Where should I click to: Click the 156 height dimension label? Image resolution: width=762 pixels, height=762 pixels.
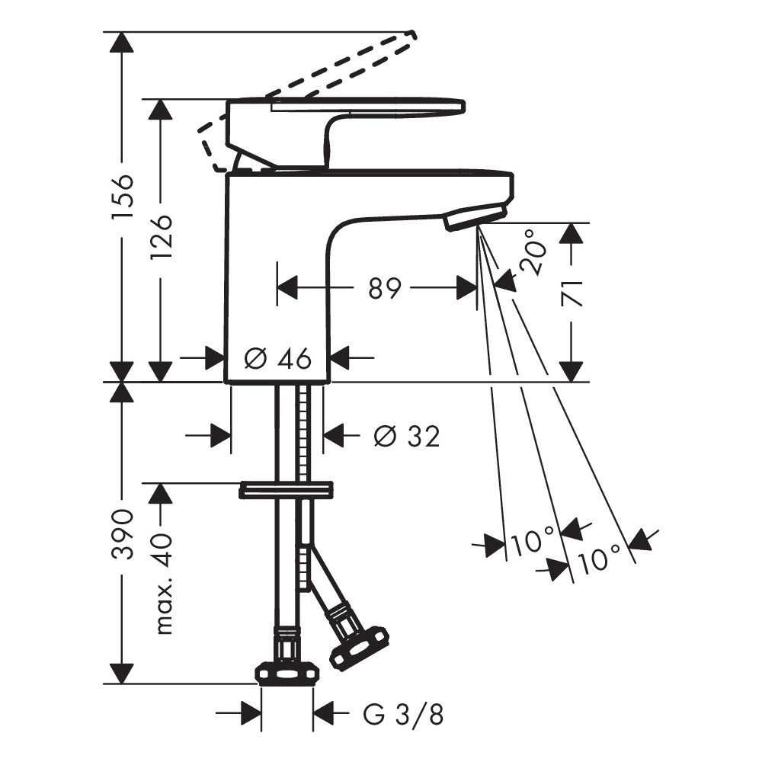point(121,196)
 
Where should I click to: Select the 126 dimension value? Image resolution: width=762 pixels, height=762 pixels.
point(161,236)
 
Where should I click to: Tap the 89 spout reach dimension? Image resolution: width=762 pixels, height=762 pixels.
point(384,288)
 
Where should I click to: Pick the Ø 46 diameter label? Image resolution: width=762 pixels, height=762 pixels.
point(277,359)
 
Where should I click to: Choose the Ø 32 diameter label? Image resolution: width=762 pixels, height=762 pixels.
point(407,436)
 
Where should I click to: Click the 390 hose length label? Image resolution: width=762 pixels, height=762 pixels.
point(122,534)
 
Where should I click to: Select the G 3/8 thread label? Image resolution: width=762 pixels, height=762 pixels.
point(403,715)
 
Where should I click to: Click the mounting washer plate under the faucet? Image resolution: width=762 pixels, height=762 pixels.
point(287,490)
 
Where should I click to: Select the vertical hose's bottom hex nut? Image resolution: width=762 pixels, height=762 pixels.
point(288,674)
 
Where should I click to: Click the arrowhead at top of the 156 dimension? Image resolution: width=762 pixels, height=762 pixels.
point(121,43)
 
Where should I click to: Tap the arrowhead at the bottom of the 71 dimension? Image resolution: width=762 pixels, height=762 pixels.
point(571,371)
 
